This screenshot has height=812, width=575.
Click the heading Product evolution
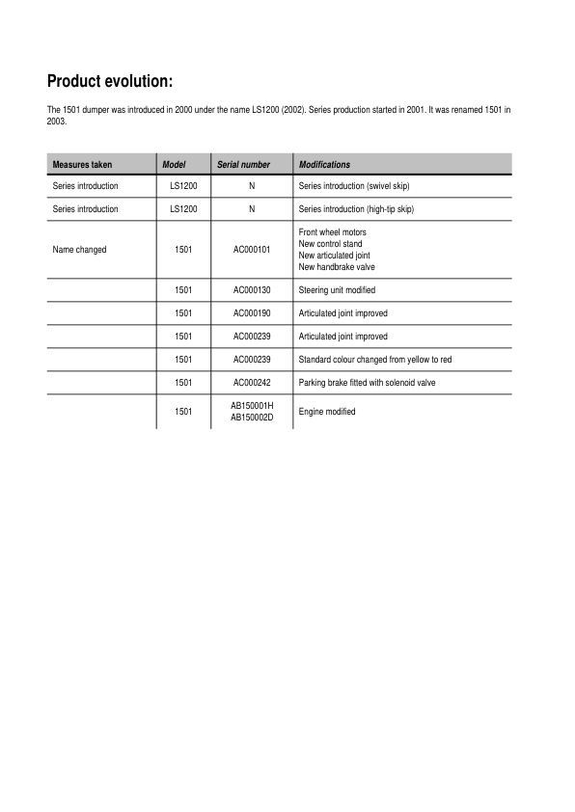click(109, 81)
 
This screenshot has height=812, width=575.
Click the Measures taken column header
click(82, 165)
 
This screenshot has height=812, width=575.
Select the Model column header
click(174, 165)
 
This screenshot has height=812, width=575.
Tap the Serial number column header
click(243, 165)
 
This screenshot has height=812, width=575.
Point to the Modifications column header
click(324, 165)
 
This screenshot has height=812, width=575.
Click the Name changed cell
click(79, 250)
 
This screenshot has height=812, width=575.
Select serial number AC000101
click(252, 250)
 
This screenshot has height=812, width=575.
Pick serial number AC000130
click(252, 290)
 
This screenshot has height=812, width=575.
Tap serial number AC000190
click(252, 313)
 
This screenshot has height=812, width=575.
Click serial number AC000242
click(252, 383)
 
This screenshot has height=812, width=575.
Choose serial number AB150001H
click(252, 406)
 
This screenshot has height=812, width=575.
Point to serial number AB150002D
click(252, 417)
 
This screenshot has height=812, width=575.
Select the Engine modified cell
click(327, 412)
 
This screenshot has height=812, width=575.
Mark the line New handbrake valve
click(337, 267)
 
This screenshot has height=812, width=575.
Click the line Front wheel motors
click(333, 232)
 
